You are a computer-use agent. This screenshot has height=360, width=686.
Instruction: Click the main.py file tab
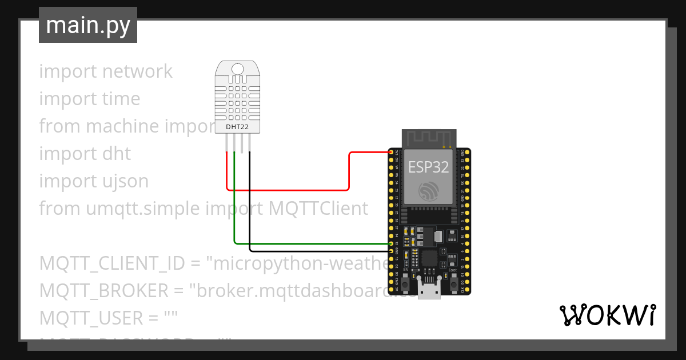click(87, 25)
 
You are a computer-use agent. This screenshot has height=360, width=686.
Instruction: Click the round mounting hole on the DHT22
click(238, 69)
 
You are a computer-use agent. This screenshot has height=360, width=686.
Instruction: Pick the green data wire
click(309, 243)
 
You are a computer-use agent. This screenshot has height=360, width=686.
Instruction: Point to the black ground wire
click(320, 251)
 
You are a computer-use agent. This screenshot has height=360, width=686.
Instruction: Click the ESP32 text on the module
click(428, 166)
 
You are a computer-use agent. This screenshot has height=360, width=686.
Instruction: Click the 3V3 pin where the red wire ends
click(391, 153)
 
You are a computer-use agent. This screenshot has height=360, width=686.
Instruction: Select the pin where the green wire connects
click(391, 243)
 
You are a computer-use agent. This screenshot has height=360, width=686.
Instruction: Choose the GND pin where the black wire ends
click(391, 251)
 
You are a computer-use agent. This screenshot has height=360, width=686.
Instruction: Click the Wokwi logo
click(607, 315)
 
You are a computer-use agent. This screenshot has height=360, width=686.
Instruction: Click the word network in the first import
click(137, 71)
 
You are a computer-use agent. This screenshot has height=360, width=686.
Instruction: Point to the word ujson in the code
click(123, 181)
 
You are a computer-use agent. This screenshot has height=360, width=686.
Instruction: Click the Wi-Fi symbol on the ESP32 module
click(428, 190)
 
